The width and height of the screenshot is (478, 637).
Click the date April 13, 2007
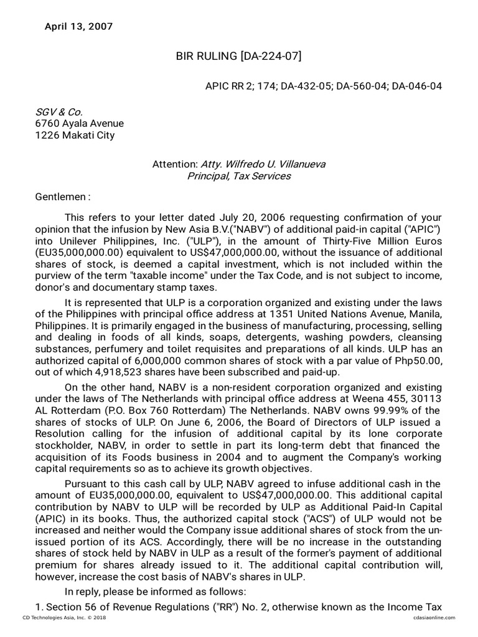click(x=79, y=26)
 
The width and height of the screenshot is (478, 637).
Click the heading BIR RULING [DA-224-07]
click(x=239, y=57)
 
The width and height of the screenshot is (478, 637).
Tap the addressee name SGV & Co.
click(x=59, y=112)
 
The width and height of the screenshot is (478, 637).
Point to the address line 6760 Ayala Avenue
click(x=79, y=123)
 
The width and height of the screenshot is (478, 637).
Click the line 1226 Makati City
click(x=75, y=135)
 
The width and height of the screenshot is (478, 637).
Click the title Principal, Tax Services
click(x=239, y=176)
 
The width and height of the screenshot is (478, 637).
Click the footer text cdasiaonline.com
click(x=433, y=617)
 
